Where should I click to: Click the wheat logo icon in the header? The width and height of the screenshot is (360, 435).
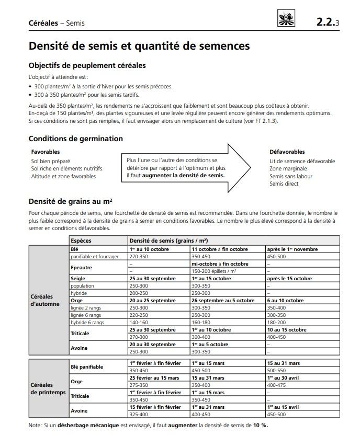click(x=286, y=20)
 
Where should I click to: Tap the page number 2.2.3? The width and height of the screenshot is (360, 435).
click(x=328, y=22)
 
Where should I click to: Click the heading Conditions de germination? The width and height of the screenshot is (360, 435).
click(x=76, y=139)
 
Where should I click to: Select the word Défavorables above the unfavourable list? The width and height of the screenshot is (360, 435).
click(x=287, y=152)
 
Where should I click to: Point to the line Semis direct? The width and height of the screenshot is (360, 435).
click(x=284, y=184)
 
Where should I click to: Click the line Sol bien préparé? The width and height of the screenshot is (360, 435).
click(x=51, y=161)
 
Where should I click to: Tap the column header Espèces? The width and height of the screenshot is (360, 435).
click(x=81, y=241)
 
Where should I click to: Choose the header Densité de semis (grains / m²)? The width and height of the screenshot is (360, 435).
click(x=168, y=241)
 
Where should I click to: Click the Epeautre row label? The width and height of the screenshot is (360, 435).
click(x=81, y=267)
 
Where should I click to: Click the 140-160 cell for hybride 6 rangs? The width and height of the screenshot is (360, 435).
click(x=139, y=323)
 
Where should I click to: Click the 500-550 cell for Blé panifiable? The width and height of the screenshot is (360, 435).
click(x=277, y=370)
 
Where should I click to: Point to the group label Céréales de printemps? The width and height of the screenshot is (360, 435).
click(x=48, y=388)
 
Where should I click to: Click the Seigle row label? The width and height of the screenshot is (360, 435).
click(x=78, y=279)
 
